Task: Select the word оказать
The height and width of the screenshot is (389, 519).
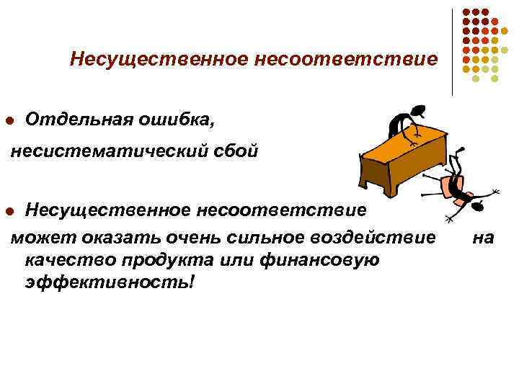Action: pos(110,236)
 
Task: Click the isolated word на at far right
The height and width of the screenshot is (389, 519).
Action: pos(483,236)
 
